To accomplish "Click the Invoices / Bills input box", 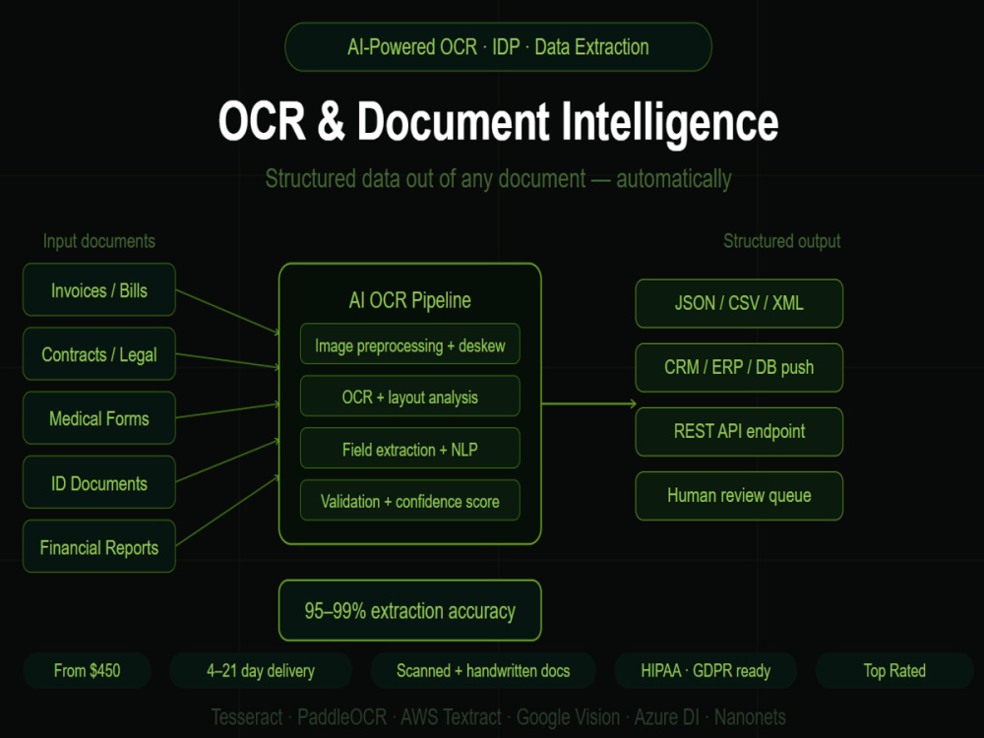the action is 99,290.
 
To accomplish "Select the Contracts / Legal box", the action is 99,354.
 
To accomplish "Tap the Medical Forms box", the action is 99,418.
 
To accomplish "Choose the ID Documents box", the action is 99,482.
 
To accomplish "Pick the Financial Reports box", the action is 99,546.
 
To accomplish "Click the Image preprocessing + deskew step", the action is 409,343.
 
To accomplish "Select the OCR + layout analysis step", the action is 409,396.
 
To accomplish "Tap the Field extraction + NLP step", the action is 409,448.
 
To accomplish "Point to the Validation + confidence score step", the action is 409,500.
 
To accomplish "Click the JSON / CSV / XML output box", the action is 739,304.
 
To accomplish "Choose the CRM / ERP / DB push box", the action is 739,368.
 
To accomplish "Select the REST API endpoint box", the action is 739,432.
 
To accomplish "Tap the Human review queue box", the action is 739,496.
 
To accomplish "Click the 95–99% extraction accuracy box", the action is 409,611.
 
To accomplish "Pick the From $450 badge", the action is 88,671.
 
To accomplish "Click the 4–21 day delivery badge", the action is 261,671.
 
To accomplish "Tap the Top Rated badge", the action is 894,671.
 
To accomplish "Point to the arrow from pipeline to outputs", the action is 588,404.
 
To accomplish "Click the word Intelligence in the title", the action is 669,123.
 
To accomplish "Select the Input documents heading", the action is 99,242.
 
